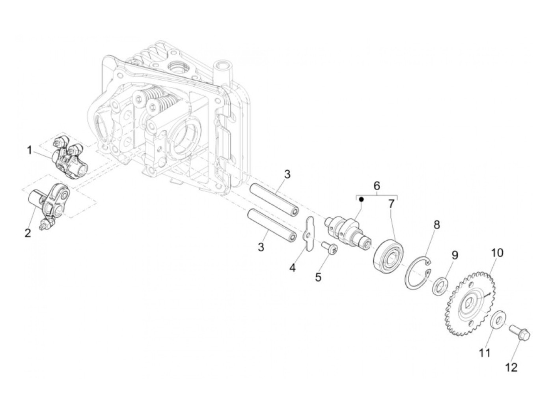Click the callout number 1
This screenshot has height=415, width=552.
(x=30, y=150)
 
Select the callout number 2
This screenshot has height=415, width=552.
(x=27, y=233)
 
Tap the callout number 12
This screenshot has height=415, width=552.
(x=511, y=368)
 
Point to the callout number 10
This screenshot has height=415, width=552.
(x=497, y=253)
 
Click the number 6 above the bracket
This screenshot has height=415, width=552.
(x=377, y=185)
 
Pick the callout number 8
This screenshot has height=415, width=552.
(x=436, y=225)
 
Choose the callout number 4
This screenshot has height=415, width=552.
(x=292, y=267)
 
